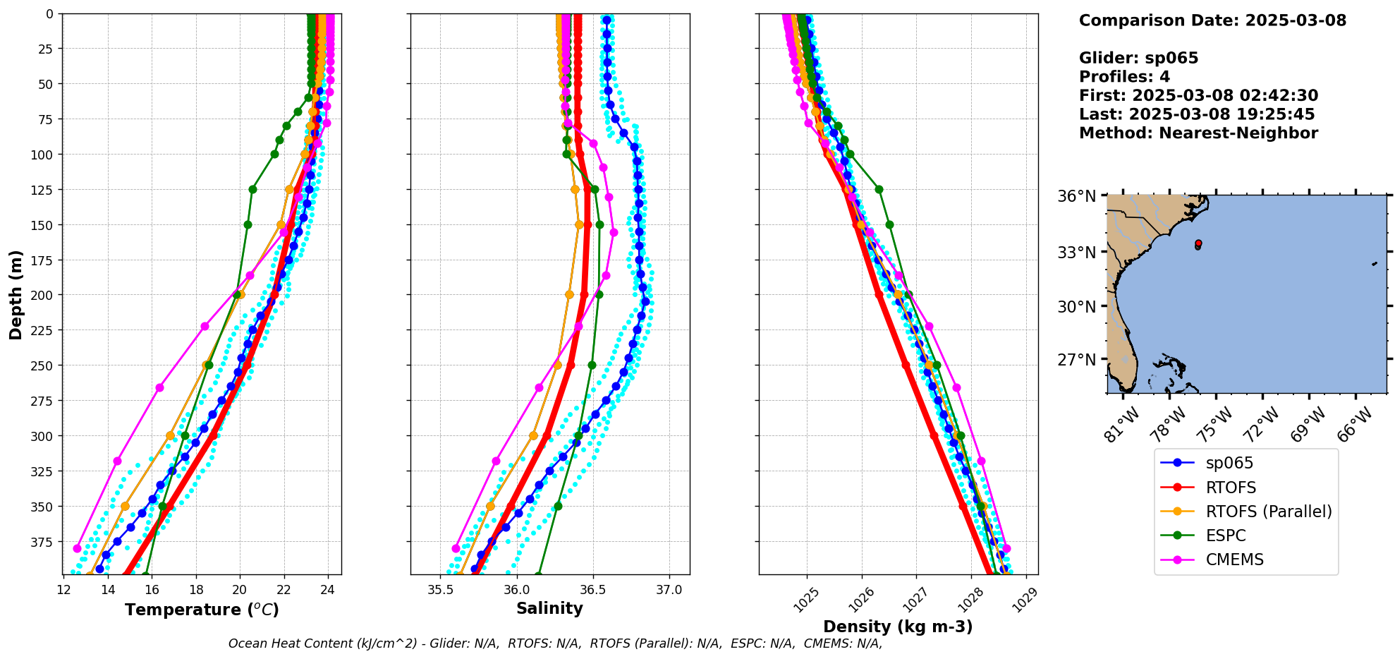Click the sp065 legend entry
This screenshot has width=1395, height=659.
[x=1229, y=464]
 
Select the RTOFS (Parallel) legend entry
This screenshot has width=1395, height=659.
[x=1268, y=512]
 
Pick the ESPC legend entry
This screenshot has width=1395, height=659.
[x=1225, y=536]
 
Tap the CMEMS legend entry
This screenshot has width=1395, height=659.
[x=1234, y=560]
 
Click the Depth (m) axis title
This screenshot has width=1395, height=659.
[x=16, y=294]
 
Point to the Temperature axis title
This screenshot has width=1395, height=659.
[x=202, y=610]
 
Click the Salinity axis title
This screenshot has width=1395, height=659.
[x=549, y=609]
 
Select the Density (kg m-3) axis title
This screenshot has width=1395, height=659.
[x=897, y=627]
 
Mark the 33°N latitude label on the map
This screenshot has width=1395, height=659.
[x=1076, y=253]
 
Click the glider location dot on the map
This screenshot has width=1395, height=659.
[x=1198, y=243]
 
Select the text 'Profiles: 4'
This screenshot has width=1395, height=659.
[x=1124, y=77]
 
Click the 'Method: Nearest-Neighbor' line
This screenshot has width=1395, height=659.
[x=1198, y=133]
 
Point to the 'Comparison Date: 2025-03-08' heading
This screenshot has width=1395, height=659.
[x=1212, y=20]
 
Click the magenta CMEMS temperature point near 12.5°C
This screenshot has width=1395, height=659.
[x=78, y=548]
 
